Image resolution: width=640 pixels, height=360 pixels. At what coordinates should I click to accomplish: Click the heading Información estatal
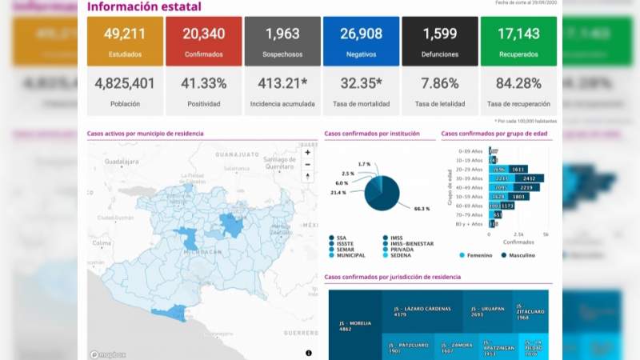[x=144, y=7]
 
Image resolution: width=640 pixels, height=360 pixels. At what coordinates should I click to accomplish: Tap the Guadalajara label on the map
[x=122, y=161]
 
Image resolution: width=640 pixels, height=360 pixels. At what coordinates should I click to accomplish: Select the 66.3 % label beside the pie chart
[x=422, y=209]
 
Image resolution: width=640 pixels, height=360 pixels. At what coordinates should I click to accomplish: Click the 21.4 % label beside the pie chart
[x=338, y=193]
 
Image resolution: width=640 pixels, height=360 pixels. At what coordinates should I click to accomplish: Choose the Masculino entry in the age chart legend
[x=519, y=255]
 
